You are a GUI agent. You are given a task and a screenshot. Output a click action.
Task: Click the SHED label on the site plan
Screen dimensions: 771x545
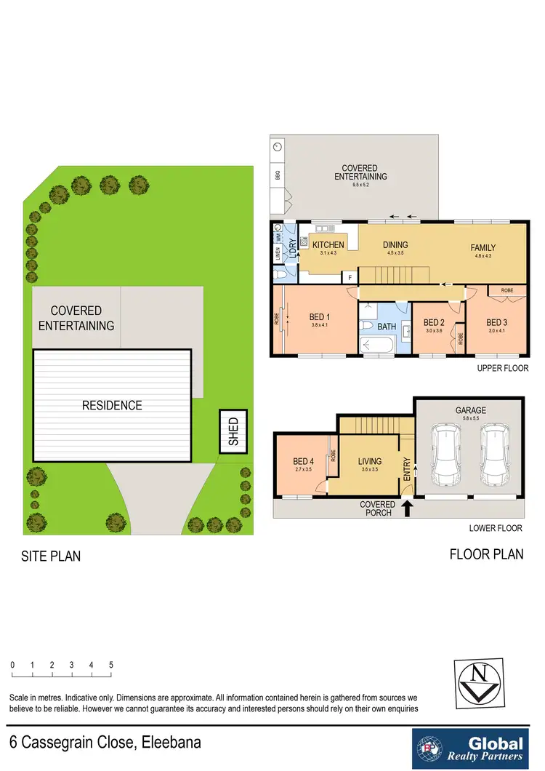click(234, 432)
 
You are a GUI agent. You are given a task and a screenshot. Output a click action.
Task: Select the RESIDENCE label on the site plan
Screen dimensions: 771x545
click(113, 405)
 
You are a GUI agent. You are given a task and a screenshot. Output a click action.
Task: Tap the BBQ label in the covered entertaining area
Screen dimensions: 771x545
click(278, 175)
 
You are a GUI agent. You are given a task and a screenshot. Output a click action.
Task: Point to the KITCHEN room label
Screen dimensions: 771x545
click(328, 245)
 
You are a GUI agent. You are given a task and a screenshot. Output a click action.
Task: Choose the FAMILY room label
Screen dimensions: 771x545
click(488, 247)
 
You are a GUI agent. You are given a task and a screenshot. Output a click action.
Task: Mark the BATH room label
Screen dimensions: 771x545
click(387, 327)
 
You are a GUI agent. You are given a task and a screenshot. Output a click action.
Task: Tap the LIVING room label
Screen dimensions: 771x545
click(369, 461)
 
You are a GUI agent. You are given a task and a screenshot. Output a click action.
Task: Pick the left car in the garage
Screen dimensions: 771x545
click(445, 456)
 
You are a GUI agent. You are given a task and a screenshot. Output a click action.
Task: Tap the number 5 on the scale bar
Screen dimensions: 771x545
click(110, 665)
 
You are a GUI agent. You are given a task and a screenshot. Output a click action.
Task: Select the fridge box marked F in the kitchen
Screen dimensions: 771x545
click(350, 278)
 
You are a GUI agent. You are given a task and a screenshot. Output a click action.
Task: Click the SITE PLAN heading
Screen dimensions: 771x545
click(51, 556)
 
